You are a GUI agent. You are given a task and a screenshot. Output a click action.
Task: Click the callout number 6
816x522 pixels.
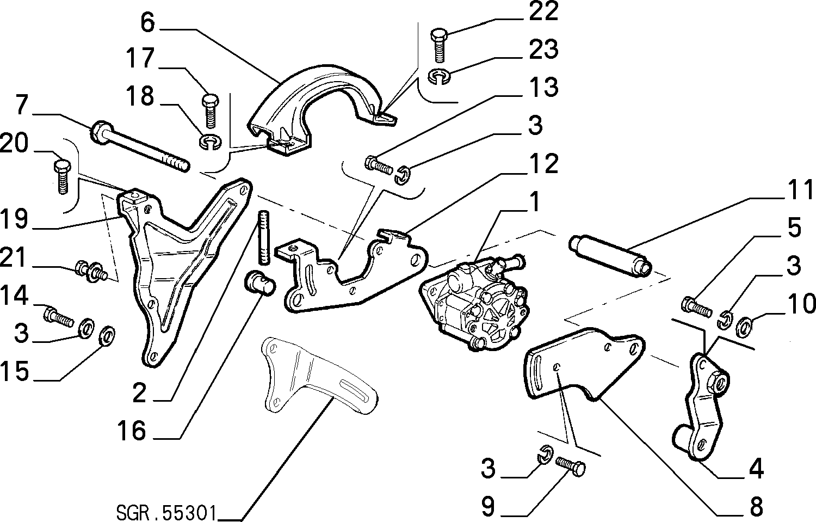(147, 23)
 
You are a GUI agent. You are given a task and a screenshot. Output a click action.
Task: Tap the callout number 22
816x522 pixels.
(543, 11)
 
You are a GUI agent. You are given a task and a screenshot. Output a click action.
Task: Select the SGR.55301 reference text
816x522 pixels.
(166, 513)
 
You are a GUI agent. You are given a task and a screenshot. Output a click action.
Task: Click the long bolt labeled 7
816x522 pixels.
(139, 146)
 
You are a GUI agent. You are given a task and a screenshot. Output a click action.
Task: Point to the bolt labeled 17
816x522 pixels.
(210, 111)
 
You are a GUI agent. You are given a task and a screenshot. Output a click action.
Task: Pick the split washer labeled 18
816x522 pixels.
(211, 142)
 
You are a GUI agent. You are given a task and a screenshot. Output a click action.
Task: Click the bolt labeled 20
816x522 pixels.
(63, 176)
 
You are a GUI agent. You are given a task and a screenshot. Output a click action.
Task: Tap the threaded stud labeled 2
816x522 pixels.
(264, 238)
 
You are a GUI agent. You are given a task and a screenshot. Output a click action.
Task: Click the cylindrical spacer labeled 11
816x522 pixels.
(610, 256)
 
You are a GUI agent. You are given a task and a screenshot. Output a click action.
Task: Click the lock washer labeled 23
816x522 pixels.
(440, 77)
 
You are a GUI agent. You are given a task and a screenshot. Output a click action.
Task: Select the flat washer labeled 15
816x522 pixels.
(107, 336)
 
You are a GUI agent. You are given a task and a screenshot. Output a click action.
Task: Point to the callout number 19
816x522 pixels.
(14, 219)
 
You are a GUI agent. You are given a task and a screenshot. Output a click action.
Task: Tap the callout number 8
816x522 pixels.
(756, 507)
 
